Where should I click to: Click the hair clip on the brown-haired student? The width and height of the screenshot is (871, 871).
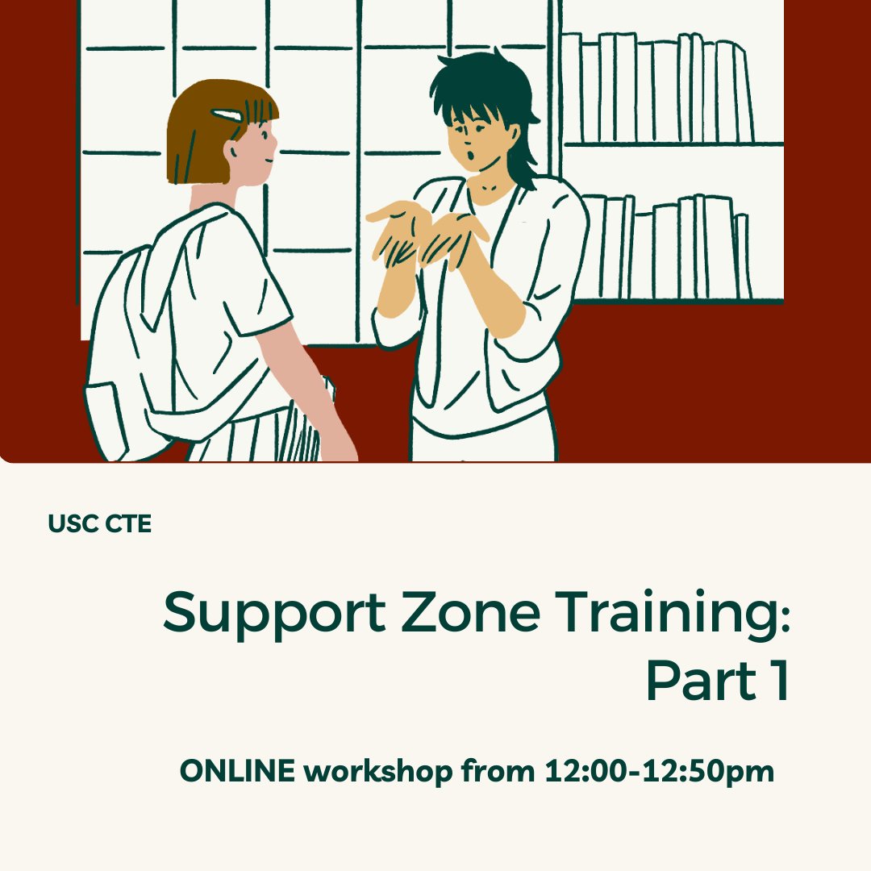pyautogui.click(x=227, y=116)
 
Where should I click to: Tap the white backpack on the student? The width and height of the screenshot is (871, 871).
pyautogui.click(x=161, y=339)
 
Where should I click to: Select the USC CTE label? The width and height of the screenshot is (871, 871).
pyautogui.click(x=99, y=524)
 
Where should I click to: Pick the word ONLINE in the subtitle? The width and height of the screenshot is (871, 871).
pyautogui.click(x=237, y=772)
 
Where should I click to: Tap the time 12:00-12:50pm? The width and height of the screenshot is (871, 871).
pyautogui.click(x=659, y=772)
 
